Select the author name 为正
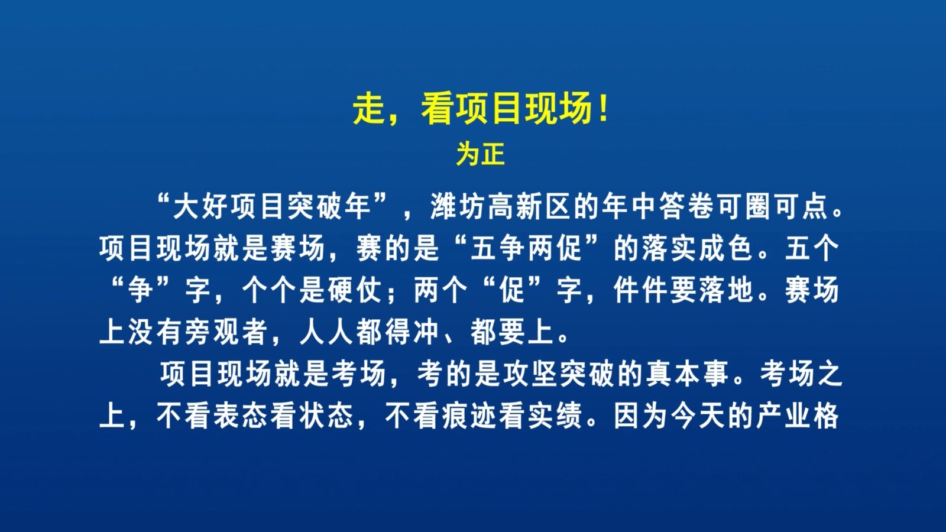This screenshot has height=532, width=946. (x=481, y=154)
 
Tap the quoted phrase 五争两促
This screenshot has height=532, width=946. (x=526, y=248)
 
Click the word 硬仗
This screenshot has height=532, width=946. (x=355, y=290)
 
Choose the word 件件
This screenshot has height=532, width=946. (x=640, y=290)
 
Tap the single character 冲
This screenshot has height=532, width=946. (x=426, y=332)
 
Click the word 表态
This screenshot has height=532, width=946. (x=240, y=416)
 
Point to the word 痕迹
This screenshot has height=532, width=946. (x=469, y=416)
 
